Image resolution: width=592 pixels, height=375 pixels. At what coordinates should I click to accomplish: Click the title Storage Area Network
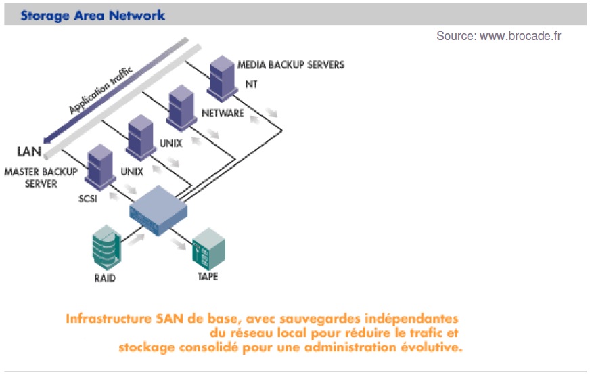[93, 14]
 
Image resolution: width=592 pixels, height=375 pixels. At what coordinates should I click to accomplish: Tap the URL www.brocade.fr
[520, 36]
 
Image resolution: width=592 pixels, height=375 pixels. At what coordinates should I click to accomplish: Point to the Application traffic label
[101, 89]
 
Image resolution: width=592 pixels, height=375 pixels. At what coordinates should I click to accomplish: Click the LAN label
[29, 150]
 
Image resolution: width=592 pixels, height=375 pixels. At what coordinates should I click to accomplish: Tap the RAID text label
[107, 278]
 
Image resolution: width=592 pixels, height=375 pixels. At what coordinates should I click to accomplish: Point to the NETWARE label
[223, 113]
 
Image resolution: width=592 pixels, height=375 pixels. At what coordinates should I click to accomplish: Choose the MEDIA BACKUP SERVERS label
[291, 65]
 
